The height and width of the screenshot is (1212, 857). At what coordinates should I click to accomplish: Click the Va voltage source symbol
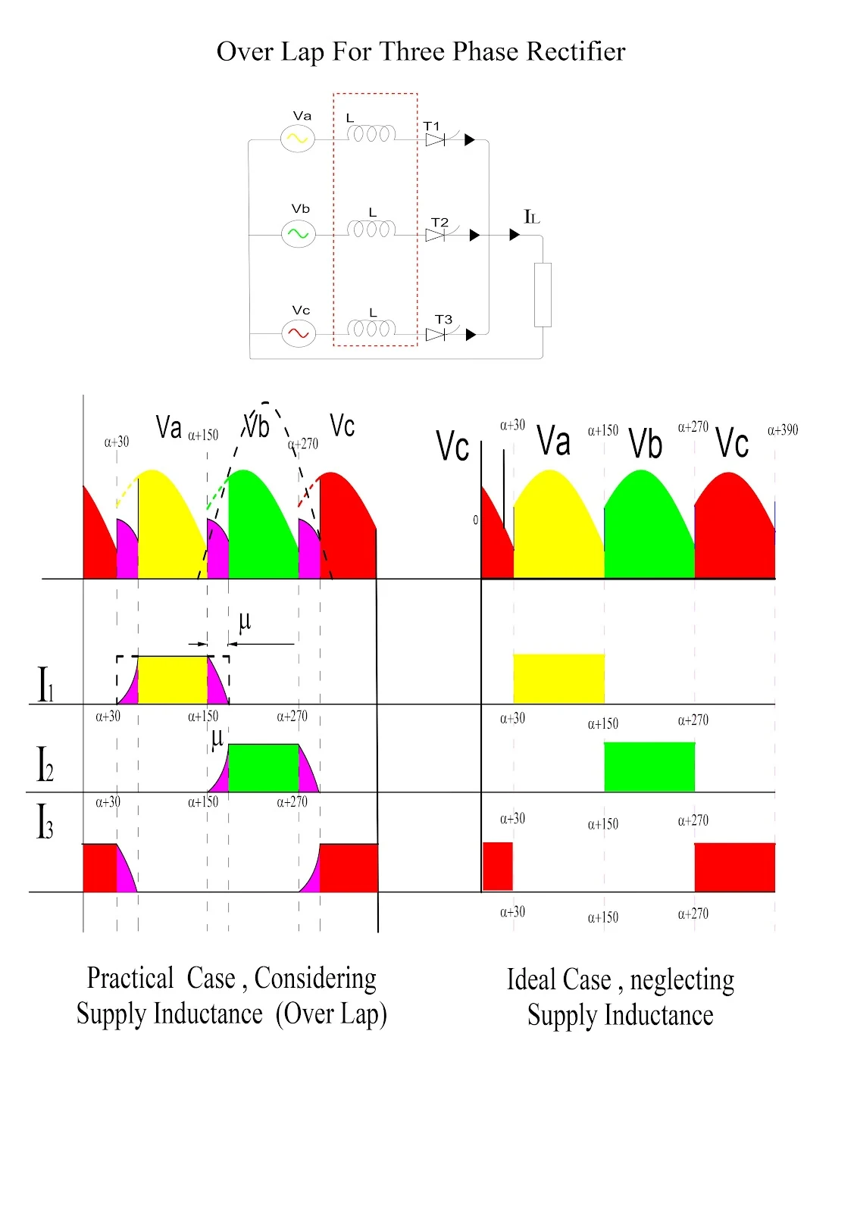[298, 139]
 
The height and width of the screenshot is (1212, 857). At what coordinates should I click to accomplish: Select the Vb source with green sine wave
[298, 234]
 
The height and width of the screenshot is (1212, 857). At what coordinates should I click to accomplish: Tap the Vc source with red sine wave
[299, 333]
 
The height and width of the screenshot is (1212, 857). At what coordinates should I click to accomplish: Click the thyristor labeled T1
[435, 140]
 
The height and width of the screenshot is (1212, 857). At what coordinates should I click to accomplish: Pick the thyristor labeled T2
[436, 236]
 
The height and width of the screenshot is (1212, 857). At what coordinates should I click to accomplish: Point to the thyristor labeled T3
[436, 334]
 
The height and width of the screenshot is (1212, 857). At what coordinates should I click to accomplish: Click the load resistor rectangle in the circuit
[543, 295]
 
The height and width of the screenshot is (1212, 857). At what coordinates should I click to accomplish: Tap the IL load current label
[532, 217]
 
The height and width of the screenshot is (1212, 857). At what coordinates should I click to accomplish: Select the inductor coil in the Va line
[371, 134]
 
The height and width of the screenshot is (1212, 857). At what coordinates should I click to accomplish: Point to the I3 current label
[45, 822]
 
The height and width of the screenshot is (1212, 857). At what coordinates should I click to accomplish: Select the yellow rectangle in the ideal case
[558, 679]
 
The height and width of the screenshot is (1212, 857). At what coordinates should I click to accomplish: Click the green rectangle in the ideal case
[649, 767]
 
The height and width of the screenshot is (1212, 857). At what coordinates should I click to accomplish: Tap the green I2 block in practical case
[263, 768]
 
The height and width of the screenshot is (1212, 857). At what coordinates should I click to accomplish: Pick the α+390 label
[783, 430]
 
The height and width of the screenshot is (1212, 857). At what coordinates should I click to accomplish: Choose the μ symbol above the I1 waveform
[244, 622]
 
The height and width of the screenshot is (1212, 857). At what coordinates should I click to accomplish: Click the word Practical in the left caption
[130, 978]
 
